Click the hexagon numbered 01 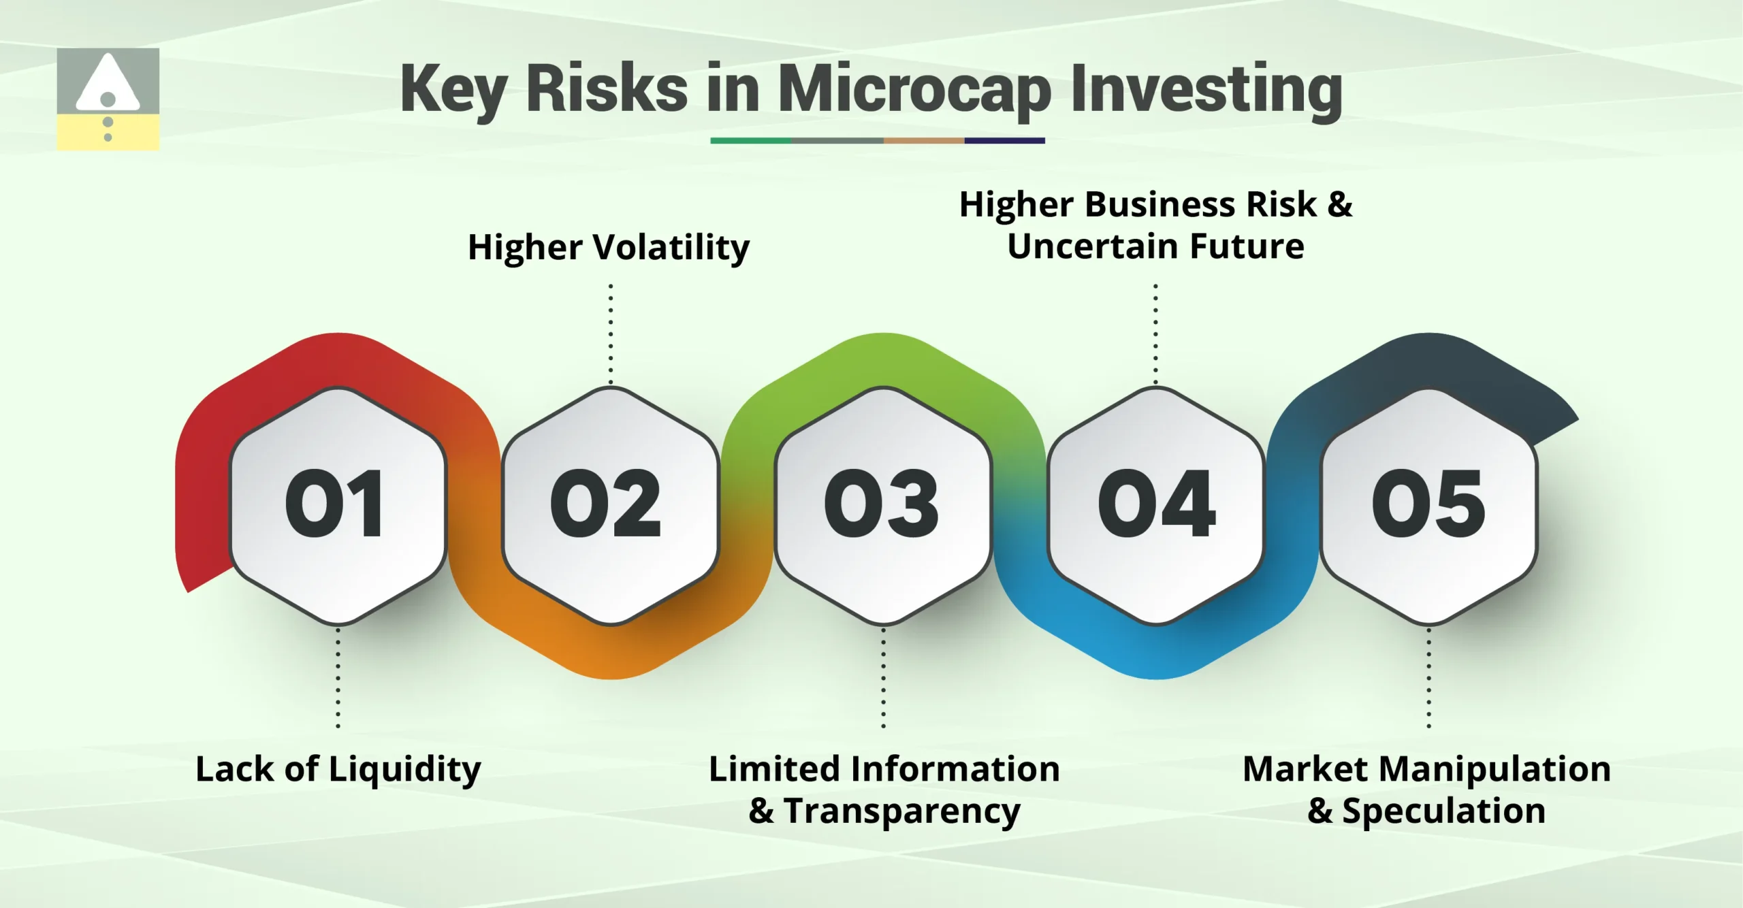[338, 505]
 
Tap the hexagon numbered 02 [611, 505]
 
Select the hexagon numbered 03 [883, 505]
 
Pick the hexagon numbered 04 [1155, 505]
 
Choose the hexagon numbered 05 [1428, 505]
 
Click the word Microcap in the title [914, 90]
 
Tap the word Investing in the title [1206, 90]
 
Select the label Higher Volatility [608, 247]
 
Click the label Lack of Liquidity [338, 770]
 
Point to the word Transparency [902, 811]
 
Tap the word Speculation [1443, 811]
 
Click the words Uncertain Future [1155, 246]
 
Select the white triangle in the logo [108, 85]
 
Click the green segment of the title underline [750, 141]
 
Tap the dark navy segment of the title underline [1004, 141]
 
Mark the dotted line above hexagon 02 [611, 334]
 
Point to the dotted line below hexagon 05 [1428, 678]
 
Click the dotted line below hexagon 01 [338, 678]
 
